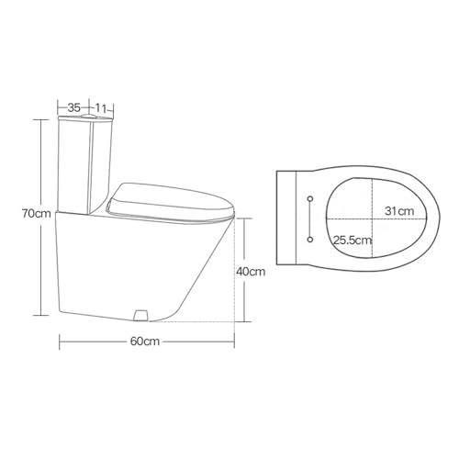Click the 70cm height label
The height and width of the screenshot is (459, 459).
(37, 214)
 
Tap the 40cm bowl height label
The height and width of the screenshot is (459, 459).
(251, 272)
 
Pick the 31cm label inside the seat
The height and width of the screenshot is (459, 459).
(397, 210)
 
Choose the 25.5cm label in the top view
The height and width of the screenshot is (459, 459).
(352, 241)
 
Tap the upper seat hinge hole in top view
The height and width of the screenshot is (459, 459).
(312, 199)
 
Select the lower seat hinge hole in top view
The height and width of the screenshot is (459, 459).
(312, 241)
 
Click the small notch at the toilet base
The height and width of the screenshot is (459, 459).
(140, 315)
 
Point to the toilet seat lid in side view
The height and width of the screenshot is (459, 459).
(170, 199)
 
